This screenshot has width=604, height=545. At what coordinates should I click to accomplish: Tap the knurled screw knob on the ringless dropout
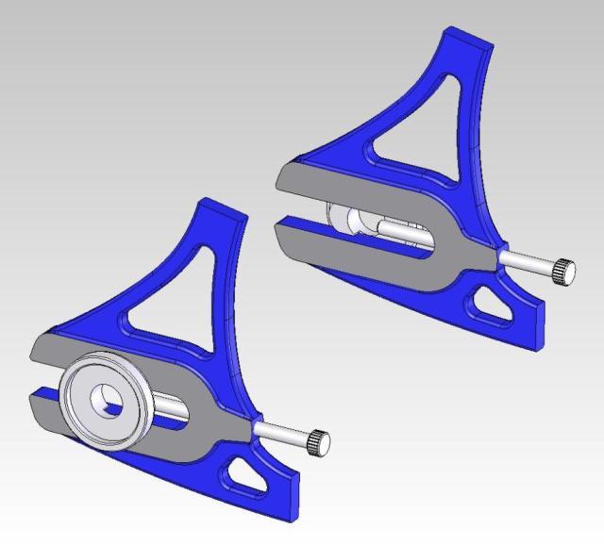[564, 271]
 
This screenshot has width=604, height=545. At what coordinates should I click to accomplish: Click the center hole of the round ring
[105, 399]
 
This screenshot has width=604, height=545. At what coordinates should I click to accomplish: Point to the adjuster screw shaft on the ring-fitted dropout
[282, 431]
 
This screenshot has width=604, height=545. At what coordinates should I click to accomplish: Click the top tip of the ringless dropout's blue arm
[468, 38]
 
